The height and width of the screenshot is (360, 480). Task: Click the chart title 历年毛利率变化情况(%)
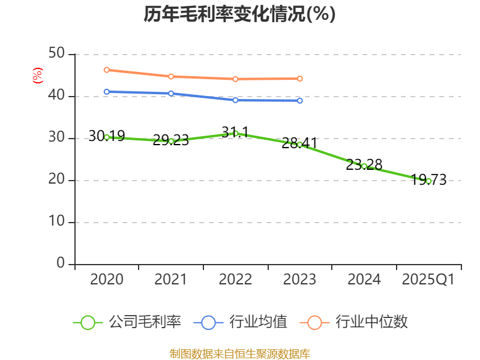tap(239, 14)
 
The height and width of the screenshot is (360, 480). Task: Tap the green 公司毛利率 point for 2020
tap(107, 137)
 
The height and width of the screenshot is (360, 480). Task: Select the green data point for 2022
tap(236, 133)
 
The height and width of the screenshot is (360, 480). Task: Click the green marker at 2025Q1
tap(428, 181)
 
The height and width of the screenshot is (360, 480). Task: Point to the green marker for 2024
tap(364, 166)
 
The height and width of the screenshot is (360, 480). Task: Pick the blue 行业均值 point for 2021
tap(171, 93)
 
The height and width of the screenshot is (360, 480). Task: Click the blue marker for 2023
tap(300, 100)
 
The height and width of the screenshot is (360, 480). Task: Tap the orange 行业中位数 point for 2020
tap(107, 70)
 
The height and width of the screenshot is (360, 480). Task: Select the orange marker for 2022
tap(236, 79)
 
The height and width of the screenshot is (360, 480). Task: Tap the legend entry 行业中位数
tap(358, 322)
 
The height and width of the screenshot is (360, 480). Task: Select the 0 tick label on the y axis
tap(61, 264)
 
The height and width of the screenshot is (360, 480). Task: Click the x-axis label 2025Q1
tap(428, 280)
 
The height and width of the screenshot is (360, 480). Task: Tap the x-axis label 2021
tap(171, 280)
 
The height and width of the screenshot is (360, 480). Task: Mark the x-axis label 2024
tap(364, 280)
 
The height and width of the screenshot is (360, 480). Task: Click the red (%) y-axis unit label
tap(38, 76)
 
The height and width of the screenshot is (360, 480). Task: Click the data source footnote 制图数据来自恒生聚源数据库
tap(239, 353)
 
